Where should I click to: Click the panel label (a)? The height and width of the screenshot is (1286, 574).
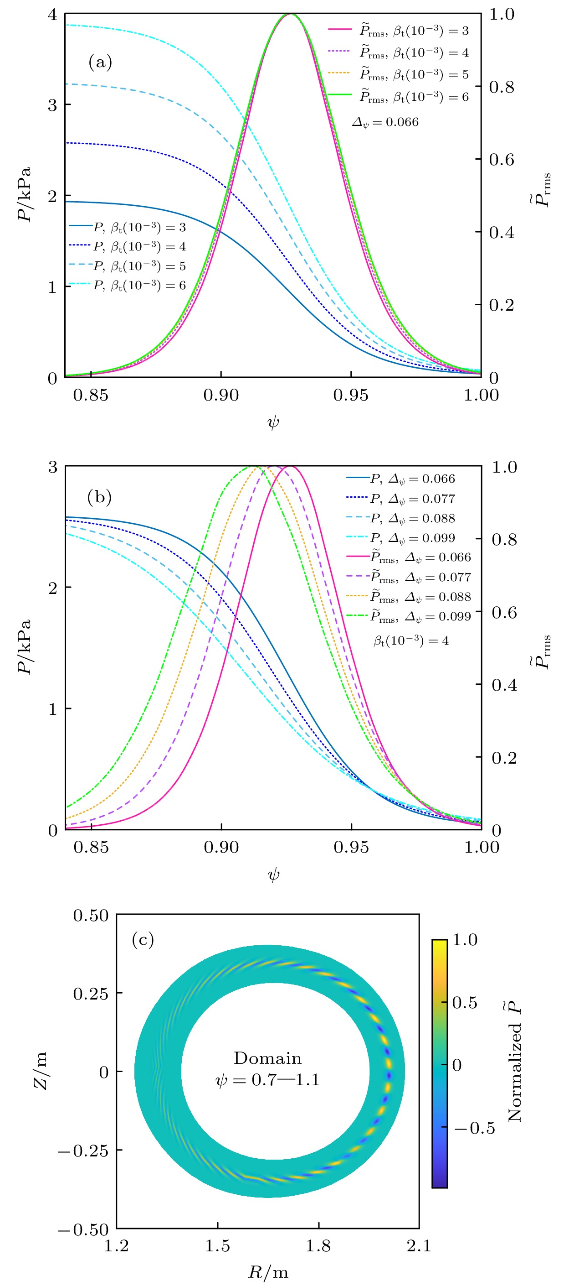(100, 62)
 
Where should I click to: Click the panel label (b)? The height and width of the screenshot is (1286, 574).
(99, 497)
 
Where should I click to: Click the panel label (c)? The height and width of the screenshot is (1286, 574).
(143, 940)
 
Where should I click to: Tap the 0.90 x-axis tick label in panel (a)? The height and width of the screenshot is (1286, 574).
(221, 396)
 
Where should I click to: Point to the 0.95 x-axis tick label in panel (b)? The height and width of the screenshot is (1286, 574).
(352, 847)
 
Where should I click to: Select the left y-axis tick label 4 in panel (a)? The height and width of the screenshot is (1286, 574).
(52, 15)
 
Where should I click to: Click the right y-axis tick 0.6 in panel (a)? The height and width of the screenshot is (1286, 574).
(501, 160)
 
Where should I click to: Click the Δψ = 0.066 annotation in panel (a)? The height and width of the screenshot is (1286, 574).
(385, 122)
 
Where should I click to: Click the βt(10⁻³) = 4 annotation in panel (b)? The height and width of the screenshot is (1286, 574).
(411, 641)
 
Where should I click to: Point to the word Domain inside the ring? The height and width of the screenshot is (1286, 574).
(268, 1059)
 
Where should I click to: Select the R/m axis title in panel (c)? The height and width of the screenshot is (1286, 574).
(268, 1272)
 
